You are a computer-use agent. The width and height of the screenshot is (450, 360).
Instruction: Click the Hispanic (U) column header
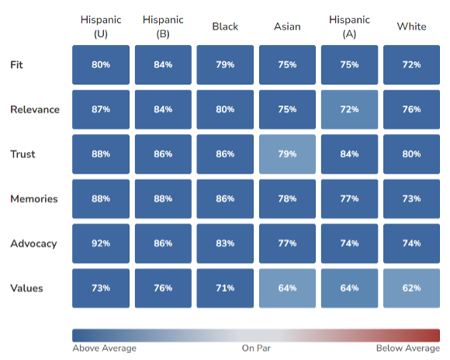[x=101, y=26]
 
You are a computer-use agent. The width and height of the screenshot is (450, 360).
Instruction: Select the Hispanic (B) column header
[x=163, y=26]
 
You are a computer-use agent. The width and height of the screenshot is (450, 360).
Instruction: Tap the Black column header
[x=225, y=26]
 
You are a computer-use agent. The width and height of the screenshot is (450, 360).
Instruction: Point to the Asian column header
[x=287, y=26]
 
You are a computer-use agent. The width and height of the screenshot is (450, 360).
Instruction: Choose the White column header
[x=411, y=26]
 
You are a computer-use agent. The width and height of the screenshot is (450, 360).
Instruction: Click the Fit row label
[x=16, y=64]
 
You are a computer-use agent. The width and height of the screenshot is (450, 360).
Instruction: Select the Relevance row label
[x=35, y=109]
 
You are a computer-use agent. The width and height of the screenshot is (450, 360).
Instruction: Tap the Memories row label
[x=34, y=199]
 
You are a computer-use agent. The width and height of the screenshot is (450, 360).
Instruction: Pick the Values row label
[x=26, y=288]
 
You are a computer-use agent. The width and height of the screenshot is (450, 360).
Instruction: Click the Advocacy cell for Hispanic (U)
[x=101, y=244]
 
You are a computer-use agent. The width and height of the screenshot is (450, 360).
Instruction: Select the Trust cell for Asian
[x=287, y=154]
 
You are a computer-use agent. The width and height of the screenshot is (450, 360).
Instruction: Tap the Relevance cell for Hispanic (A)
[x=349, y=109]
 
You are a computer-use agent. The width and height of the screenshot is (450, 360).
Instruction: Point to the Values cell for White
[x=411, y=288]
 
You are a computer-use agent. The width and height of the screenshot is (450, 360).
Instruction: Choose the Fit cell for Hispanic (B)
[x=163, y=64]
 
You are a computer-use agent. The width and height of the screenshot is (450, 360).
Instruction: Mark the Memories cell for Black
[x=225, y=199]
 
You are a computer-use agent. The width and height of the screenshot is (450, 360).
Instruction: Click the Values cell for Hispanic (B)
[x=163, y=288]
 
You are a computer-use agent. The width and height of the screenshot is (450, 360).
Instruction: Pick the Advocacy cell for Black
[x=225, y=244]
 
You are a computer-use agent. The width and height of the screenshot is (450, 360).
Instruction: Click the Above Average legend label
[x=104, y=348]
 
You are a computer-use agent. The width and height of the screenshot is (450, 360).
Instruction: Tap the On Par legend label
[x=256, y=348]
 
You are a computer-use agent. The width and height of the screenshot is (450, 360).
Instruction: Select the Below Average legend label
[x=408, y=348]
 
